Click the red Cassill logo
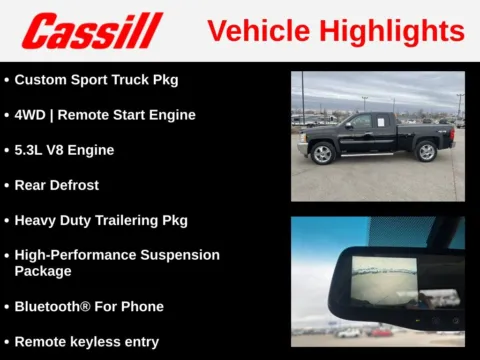92,31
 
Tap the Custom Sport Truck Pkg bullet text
96,79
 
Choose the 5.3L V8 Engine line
64,150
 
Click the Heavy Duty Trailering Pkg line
101,220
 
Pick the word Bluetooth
51,306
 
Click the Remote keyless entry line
86,341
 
